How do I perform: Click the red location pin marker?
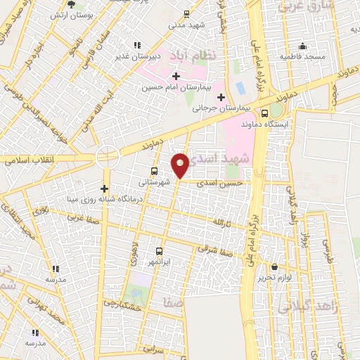click(181, 165)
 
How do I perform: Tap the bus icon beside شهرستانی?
click(154, 171)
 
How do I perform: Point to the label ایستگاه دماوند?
click(265, 124)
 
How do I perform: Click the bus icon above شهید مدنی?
click(186, 13)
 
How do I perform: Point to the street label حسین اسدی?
click(221, 182)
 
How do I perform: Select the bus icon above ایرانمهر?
click(158, 250)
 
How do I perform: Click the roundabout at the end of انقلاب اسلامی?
click(107, 155)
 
